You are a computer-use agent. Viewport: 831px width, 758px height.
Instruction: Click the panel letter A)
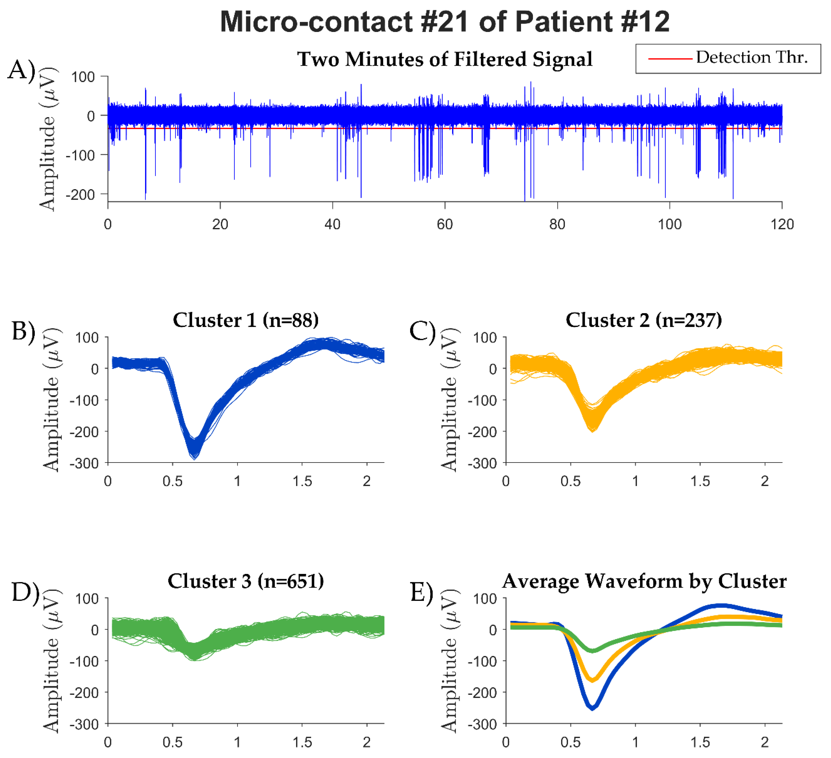21,70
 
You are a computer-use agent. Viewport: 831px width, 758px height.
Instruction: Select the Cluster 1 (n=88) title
246,320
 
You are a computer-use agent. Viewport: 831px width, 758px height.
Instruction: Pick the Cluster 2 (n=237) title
643,320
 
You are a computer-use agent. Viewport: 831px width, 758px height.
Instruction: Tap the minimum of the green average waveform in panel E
592,651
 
